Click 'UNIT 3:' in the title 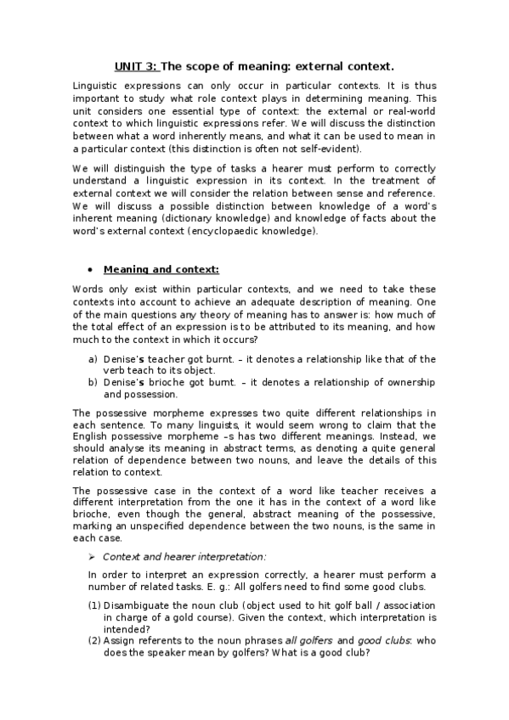coord(136,65)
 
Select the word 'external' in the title coord(328,65)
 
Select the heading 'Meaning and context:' coord(161,270)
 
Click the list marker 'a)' coord(93,359)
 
